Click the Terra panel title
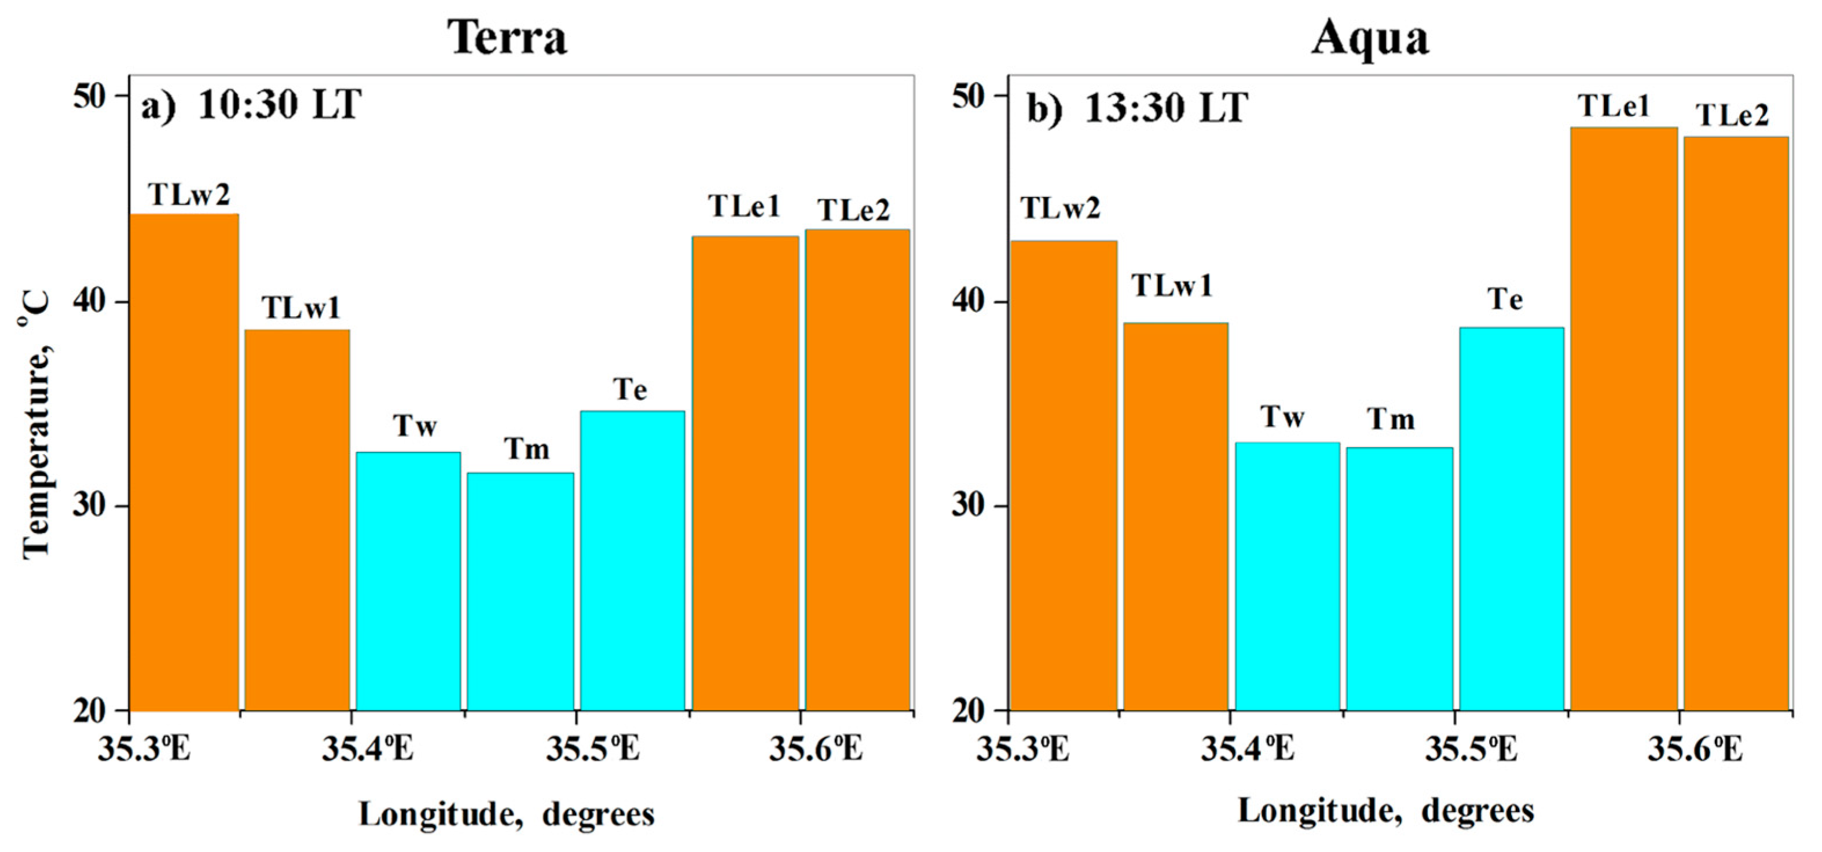click(x=507, y=37)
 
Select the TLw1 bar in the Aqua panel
click(x=1175, y=517)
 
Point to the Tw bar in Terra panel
click(x=408, y=580)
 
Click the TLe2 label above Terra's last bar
click(x=854, y=210)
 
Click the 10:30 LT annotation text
click(x=280, y=106)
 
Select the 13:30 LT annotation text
click(x=1165, y=108)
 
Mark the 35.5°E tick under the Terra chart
click(x=593, y=749)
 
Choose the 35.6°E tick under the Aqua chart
click(x=1695, y=749)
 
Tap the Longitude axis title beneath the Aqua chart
click(x=1385, y=810)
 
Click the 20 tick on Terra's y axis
click(x=90, y=711)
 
